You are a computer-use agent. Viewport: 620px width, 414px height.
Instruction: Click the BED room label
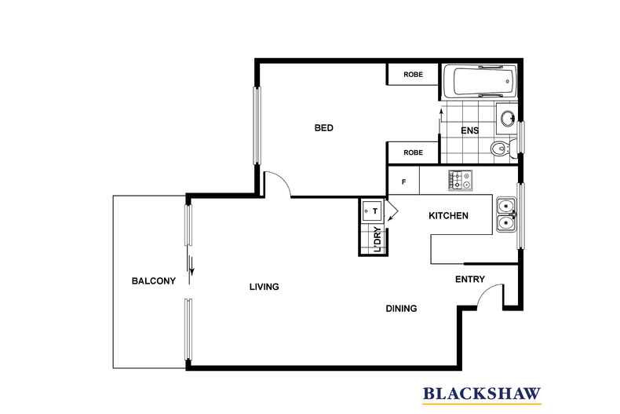coord(324,128)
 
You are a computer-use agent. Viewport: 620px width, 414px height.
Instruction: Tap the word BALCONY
coord(153,280)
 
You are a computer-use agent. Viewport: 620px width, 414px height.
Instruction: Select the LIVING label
coord(264,287)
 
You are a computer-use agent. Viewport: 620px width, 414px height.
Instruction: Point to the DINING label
coord(400,308)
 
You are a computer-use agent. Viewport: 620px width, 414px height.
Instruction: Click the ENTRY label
coord(470,279)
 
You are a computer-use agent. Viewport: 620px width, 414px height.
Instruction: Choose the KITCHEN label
coord(448,216)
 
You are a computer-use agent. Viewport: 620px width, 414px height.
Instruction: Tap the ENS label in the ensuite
coord(469,130)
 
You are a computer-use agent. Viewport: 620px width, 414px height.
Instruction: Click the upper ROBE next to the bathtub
coord(413,75)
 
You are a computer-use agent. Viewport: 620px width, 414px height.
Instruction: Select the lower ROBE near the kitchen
coord(413,152)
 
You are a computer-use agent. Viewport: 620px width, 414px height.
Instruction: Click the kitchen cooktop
coord(460,180)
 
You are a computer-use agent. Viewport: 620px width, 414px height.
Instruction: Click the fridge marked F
coord(403,182)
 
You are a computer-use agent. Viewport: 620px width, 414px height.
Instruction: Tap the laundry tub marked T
coord(371,211)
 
